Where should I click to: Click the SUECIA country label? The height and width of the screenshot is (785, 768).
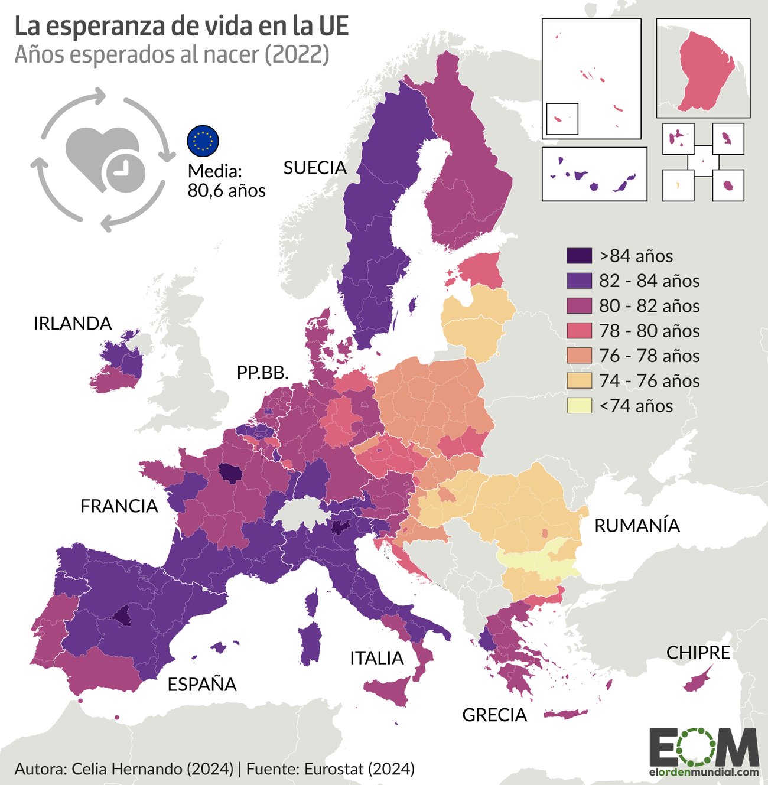pyautogui.click(x=315, y=168)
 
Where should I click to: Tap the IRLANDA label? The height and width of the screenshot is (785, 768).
pyautogui.click(x=73, y=323)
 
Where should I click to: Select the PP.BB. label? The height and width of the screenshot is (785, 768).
pyautogui.click(x=262, y=372)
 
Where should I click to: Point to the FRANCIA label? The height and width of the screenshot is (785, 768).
pyautogui.click(x=119, y=506)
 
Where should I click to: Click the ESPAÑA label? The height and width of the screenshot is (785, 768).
pyautogui.click(x=202, y=684)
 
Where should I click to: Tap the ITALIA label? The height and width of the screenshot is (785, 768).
pyautogui.click(x=377, y=657)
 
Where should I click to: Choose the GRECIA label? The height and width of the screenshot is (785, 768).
pyautogui.click(x=494, y=715)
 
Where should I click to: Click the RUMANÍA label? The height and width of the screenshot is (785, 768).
pyautogui.click(x=637, y=525)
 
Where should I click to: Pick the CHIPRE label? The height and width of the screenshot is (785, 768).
pyautogui.click(x=698, y=652)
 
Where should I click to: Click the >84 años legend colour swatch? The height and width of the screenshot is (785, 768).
pyautogui.click(x=579, y=256)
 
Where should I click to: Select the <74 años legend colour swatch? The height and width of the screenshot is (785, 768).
pyautogui.click(x=579, y=406)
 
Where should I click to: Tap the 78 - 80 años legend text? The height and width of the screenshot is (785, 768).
pyautogui.click(x=649, y=331)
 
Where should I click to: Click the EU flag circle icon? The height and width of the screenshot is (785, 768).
pyautogui.click(x=203, y=141)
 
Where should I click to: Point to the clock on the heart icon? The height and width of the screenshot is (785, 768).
pyautogui.click(x=123, y=172)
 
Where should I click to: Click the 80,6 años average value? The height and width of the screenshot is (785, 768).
pyautogui.click(x=226, y=190)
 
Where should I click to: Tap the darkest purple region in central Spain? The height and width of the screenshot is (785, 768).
pyautogui.click(x=123, y=616)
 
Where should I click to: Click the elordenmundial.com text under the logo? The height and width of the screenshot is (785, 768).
pyautogui.click(x=704, y=771)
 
